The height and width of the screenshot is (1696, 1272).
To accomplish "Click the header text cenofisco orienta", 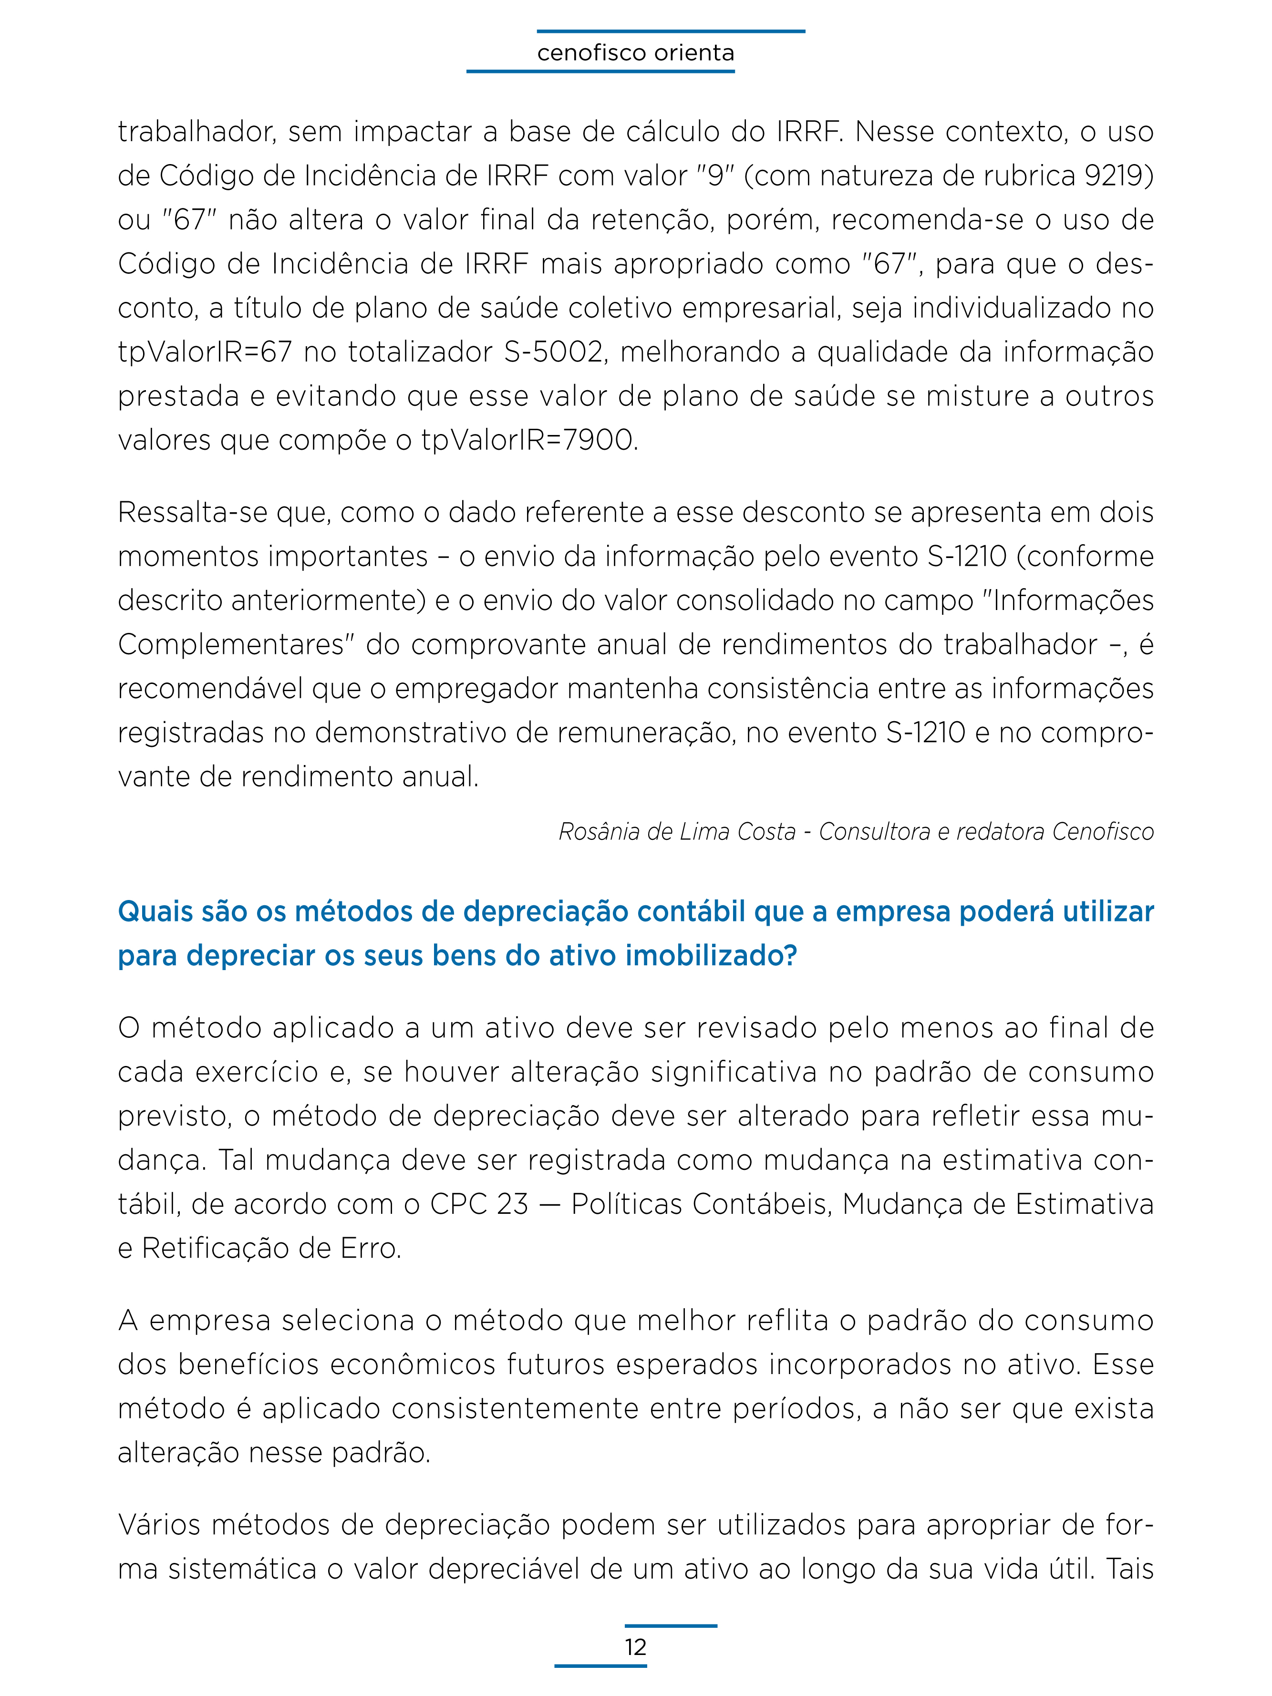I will coord(636,53).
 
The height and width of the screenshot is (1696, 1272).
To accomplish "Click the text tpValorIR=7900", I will coord(529,441).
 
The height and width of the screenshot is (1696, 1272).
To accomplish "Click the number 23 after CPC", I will coord(512,1205).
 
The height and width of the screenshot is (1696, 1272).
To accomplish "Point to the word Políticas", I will coord(626,1205).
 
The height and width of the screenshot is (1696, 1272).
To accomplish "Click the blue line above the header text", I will coord(671,31).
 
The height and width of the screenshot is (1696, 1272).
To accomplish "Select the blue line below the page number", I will coord(600,1665).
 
